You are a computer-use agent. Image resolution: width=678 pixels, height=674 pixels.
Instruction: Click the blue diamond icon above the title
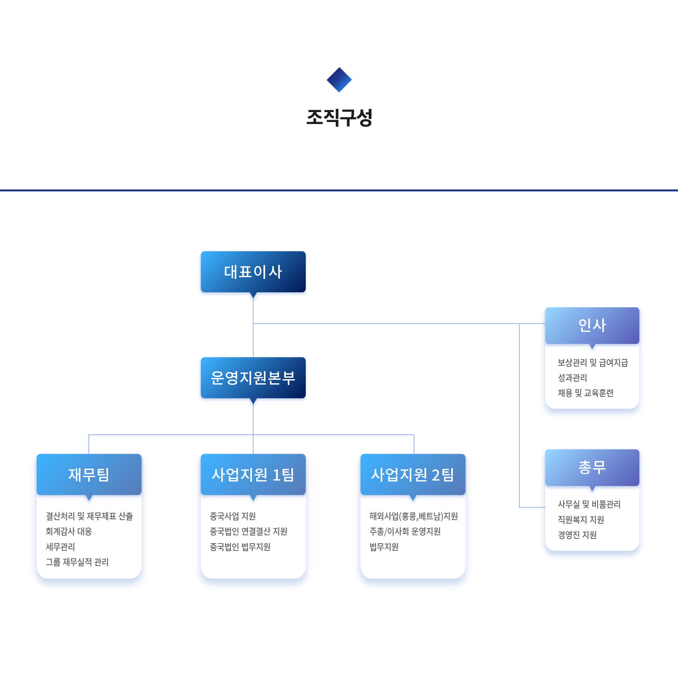pyautogui.click(x=339, y=80)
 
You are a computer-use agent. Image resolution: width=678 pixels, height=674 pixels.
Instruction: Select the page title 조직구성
pyautogui.click(x=339, y=118)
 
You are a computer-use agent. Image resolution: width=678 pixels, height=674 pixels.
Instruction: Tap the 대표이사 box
pyautogui.click(x=253, y=272)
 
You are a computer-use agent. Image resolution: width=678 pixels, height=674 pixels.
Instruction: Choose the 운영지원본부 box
pyautogui.click(x=253, y=378)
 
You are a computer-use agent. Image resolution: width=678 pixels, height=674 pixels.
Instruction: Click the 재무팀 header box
pyautogui.click(x=89, y=474)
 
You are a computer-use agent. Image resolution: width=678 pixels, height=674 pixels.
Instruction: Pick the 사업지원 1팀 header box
pyautogui.click(x=253, y=474)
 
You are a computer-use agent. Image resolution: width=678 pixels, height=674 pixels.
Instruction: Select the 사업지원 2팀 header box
pyautogui.click(x=413, y=474)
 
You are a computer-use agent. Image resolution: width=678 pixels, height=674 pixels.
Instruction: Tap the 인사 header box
pyautogui.click(x=592, y=325)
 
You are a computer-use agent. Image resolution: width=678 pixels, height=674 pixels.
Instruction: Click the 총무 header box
pyautogui.click(x=592, y=467)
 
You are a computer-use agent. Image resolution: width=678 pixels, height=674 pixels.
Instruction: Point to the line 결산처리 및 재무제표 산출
pyautogui.click(x=89, y=516)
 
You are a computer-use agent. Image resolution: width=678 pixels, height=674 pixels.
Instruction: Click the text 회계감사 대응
pyautogui.click(x=69, y=531)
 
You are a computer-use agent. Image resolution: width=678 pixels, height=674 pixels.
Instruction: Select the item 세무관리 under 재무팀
pyautogui.click(x=60, y=547)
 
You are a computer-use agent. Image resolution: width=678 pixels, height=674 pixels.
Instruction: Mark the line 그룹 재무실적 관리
pyautogui.click(x=77, y=562)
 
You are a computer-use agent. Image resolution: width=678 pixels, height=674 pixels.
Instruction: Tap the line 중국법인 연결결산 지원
pyautogui.click(x=248, y=531)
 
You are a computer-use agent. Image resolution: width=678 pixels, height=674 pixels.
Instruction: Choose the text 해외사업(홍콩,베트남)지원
pyautogui.click(x=414, y=516)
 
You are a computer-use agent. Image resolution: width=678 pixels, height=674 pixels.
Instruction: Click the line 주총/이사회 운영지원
pyautogui.click(x=405, y=531)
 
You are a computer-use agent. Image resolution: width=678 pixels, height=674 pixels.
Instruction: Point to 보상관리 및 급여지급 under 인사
pyautogui.click(x=593, y=363)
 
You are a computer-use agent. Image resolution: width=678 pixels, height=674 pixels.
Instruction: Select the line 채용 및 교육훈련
pyautogui.click(x=586, y=393)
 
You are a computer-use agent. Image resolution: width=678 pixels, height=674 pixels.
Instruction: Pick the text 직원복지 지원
pyautogui.click(x=581, y=520)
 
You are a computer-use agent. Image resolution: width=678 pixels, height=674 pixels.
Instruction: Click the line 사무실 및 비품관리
pyautogui.click(x=589, y=504)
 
